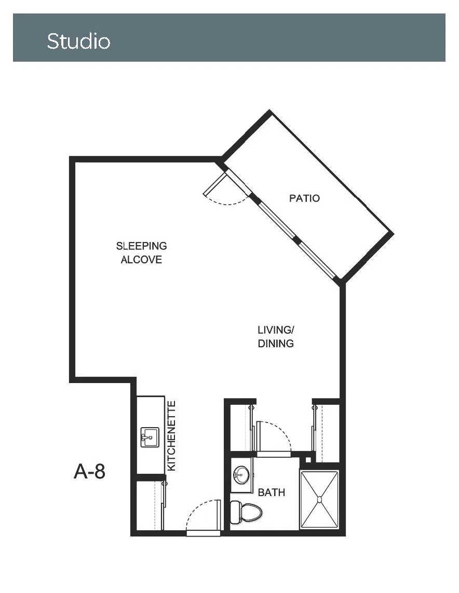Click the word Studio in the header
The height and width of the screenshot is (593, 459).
coord(78,41)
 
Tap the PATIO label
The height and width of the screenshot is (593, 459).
coord(304,198)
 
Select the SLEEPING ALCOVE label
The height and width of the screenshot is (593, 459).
coord(141,252)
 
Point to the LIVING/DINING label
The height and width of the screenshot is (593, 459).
coord(276,336)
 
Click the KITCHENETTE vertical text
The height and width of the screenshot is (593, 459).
coord(171,436)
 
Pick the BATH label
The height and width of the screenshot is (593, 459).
coord(271,492)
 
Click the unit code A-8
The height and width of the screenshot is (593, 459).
coord(89,472)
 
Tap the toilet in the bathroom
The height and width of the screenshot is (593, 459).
coord(246,512)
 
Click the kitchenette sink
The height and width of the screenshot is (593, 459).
coord(150,437)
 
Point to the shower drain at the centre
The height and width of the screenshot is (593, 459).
coord(319,500)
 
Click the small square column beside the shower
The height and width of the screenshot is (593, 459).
coord(308,460)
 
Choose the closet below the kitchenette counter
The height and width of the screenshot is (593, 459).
coord(150,505)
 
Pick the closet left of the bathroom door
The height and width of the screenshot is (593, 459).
coord(241,427)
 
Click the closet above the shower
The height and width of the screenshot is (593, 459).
coord(327,433)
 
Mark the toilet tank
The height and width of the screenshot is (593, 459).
coord(235,512)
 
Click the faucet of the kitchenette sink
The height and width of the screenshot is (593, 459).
coord(145,437)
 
